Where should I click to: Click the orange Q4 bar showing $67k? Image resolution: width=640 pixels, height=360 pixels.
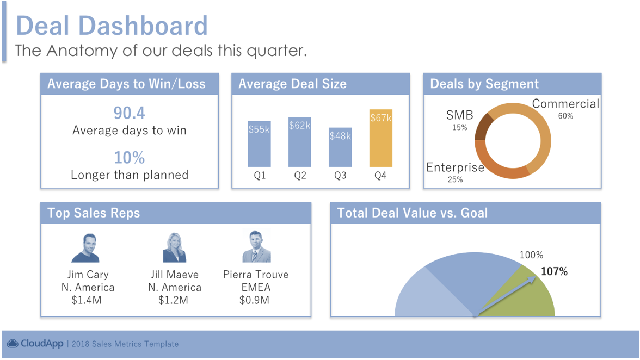tap(381, 138)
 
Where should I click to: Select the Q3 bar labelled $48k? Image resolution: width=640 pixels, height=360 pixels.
tap(340, 147)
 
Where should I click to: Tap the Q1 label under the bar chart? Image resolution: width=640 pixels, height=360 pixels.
tap(260, 175)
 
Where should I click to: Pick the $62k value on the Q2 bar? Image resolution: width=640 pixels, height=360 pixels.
tap(299, 126)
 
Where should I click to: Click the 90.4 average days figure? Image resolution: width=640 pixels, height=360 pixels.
tap(130, 113)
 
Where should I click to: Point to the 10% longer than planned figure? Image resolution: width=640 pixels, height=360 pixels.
tap(130, 158)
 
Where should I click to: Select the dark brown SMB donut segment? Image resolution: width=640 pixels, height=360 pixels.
tap(484, 127)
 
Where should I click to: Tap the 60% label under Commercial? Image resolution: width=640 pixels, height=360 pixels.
tap(565, 116)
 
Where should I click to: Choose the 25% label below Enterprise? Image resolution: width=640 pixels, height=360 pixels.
tap(455, 180)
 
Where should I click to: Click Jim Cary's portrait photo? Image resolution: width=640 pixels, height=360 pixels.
tap(86, 247)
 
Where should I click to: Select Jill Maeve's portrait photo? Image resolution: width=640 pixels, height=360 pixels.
tap(174, 247)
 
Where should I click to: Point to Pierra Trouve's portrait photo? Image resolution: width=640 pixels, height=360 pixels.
tap(256, 246)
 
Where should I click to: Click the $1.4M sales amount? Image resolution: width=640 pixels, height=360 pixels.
tap(86, 301)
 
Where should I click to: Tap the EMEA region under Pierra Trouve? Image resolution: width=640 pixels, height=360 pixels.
tap(256, 288)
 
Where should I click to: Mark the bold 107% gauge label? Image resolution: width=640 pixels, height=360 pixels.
tap(554, 271)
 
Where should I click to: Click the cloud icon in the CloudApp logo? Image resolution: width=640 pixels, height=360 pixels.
tap(13, 344)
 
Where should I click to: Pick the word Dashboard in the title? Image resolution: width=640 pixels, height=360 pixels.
tap(143, 26)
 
